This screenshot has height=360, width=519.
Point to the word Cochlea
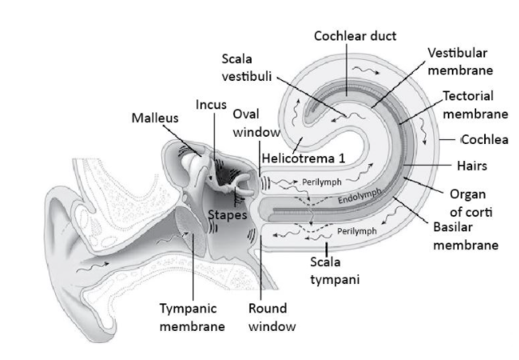pyautogui.click(x=484, y=139)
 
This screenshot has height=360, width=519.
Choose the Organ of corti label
pyautogui.click(x=470, y=201)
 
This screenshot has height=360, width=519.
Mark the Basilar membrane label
pyautogui.click(x=465, y=237)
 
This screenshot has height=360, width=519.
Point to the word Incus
pyautogui.click(x=211, y=105)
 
